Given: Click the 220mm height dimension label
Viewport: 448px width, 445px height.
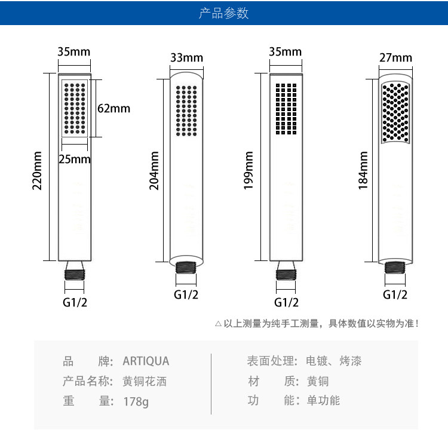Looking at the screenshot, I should (x=38, y=170).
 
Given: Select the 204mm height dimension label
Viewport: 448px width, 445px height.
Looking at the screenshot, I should (x=154, y=171).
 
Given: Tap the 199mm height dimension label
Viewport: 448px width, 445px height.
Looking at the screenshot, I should (x=249, y=171).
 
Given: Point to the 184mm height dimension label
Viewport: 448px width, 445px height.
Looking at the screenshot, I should (x=363, y=171).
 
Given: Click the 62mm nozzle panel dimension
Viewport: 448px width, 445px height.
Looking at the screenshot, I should (x=113, y=108).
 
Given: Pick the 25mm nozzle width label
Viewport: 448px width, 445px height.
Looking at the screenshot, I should (x=75, y=159).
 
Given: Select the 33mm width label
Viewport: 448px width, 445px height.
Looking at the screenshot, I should (x=186, y=57).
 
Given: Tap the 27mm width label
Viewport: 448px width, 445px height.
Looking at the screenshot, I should (x=395, y=57).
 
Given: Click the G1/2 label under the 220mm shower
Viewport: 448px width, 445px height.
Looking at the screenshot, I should (x=75, y=302).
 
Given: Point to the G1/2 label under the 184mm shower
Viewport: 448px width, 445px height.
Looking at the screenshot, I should (x=395, y=294).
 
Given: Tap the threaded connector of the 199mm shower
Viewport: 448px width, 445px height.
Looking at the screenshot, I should (x=286, y=277).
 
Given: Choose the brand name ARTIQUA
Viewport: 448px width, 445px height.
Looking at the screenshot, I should (x=146, y=361).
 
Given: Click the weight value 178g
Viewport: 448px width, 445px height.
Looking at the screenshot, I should (x=136, y=401).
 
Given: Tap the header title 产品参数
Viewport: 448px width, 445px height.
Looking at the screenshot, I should (x=224, y=13).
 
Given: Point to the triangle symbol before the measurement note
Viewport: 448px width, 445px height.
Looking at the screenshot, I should (x=218, y=324).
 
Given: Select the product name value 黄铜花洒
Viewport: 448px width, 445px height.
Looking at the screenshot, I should (x=145, y=381).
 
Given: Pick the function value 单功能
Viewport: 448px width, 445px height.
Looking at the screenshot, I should (x=323, y=400).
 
